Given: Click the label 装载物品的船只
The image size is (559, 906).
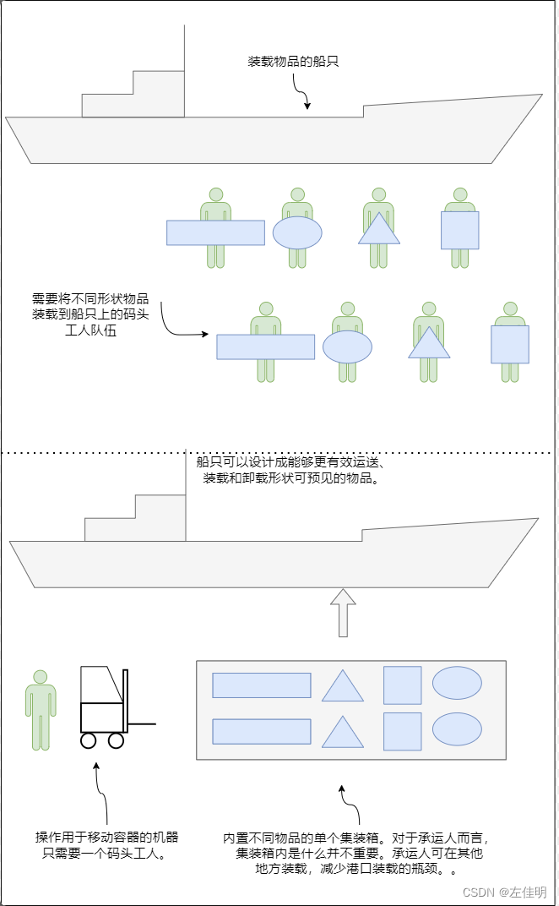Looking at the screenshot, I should pos(293,62).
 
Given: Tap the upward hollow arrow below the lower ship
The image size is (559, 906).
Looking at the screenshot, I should pos(343,613).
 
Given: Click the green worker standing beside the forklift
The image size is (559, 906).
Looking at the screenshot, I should pos(40,710).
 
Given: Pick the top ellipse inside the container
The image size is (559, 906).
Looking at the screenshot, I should pos(457,683).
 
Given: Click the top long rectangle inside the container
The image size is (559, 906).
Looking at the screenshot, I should pos(261,685).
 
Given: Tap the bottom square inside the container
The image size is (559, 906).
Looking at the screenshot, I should pos(402,731).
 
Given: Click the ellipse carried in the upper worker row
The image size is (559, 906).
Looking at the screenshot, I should pos(297,232).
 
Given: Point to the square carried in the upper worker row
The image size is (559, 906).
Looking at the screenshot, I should pos(459,230).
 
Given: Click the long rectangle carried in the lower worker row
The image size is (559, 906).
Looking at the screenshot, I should pos(265,347).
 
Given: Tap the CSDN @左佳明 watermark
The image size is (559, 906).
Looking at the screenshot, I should pos(504,892).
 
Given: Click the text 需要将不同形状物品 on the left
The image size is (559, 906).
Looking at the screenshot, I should pos(90,298).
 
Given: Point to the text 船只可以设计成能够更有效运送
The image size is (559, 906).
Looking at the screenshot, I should pos(290,462).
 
